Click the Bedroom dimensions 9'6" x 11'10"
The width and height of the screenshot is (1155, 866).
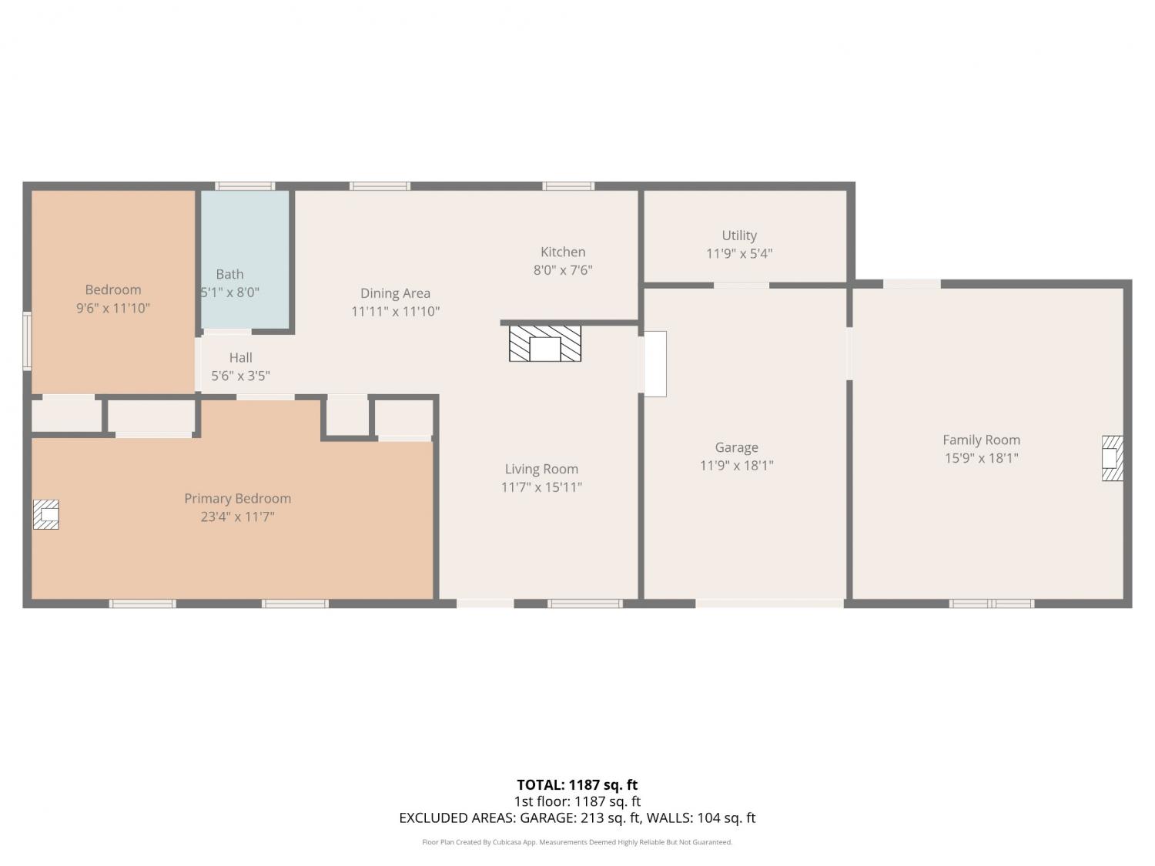[113, 308]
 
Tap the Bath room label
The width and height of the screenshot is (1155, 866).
[230, 274]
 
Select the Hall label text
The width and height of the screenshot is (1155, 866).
[240, 357]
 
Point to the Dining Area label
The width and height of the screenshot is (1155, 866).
[395, 293]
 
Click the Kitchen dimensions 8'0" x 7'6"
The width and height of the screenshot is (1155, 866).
[563, 270]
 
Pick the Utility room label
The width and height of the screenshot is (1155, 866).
[739, 236]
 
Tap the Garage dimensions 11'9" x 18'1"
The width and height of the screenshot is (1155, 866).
[737, 466]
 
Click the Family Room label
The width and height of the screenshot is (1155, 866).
[981, 440]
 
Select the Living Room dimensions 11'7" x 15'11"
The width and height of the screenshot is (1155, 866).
[541, 487]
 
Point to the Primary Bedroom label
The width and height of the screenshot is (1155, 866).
[237, 499]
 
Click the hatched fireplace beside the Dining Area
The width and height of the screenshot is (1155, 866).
[545, 343]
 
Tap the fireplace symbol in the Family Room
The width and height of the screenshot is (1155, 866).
[1113, 458]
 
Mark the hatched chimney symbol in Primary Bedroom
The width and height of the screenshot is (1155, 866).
[45, 514]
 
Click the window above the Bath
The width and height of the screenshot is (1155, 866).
[245, 186]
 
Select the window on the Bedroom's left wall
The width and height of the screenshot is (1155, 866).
[27, 341]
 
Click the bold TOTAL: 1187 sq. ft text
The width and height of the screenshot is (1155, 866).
[577, 785]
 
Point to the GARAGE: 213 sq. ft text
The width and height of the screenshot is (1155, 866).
[581, 818]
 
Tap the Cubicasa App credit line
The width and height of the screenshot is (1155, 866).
[577, 842]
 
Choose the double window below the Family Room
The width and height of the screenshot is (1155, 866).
[991, 604]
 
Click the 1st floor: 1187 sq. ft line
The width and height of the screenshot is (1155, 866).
[577, 801]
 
